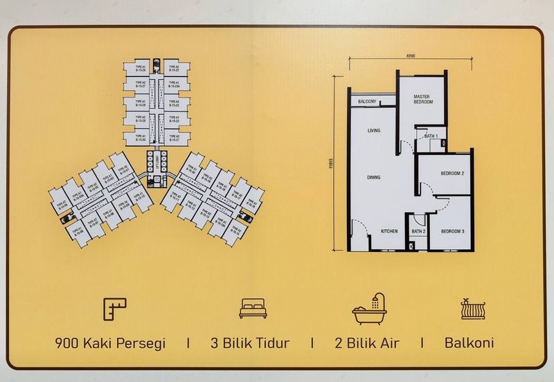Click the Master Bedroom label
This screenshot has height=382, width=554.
[x=422, y=98]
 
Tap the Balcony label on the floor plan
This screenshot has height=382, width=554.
[x=367, y=102]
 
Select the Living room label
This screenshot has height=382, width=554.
[x=375, y=131]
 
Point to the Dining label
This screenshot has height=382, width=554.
[x=375, y=178]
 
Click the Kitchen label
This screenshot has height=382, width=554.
[x=388, y=231]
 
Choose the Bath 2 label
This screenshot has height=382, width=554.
[x=418, y=231]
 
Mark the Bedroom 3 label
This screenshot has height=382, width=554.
[x=452, y=230]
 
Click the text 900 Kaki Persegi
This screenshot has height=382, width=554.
[x=111, y=343]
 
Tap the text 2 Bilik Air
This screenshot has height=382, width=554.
[x=366, y=343]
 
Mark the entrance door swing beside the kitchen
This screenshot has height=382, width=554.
[x=356, y=229]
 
